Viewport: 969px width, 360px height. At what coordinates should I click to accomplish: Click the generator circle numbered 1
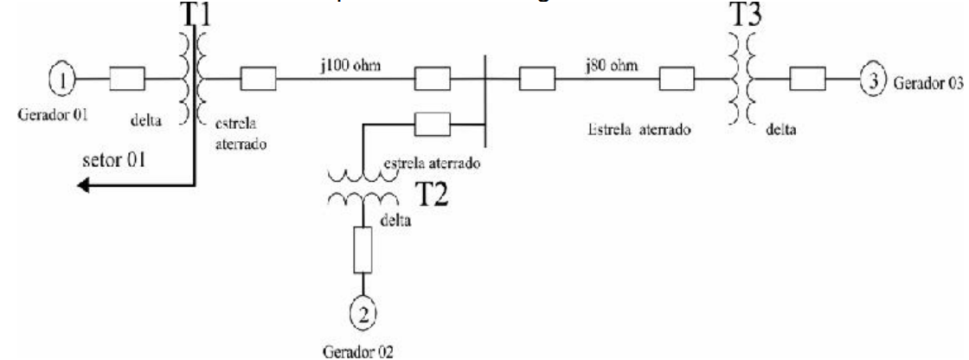(x=63, y=81)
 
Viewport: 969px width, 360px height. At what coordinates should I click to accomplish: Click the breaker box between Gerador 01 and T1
(x=127, y=81)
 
